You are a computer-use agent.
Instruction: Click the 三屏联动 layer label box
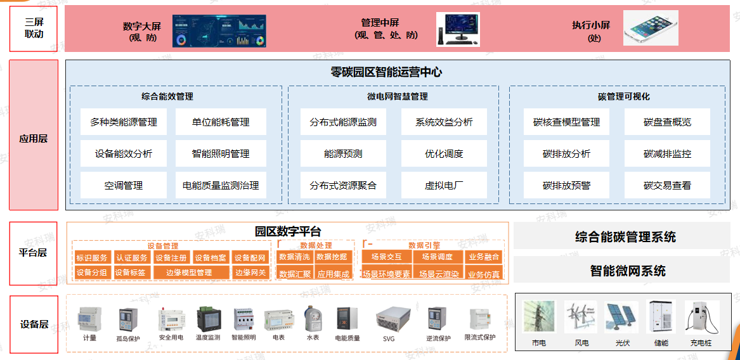(x=34, y=29)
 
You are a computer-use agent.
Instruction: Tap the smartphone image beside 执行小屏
(x=650, y=28)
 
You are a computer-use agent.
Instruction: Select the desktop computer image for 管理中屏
(x=458, y=29)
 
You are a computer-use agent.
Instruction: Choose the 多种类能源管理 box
(x=124, y=122)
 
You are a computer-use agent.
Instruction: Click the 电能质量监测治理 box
(x=221, y=185)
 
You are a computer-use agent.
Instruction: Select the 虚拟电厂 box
(x=444, y=185)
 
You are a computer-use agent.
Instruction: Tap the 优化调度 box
(x=444, y=153)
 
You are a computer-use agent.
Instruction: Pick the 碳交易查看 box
(x=667, y=185)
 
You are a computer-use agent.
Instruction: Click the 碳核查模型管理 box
(x=566, y=122)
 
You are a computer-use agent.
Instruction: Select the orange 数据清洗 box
(x=294, y=257)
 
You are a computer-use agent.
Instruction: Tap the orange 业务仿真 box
(x=484, y=274)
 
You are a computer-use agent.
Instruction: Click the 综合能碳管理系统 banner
(x=625, y=237)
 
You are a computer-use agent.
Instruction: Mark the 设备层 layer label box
(x=34, y=324)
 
